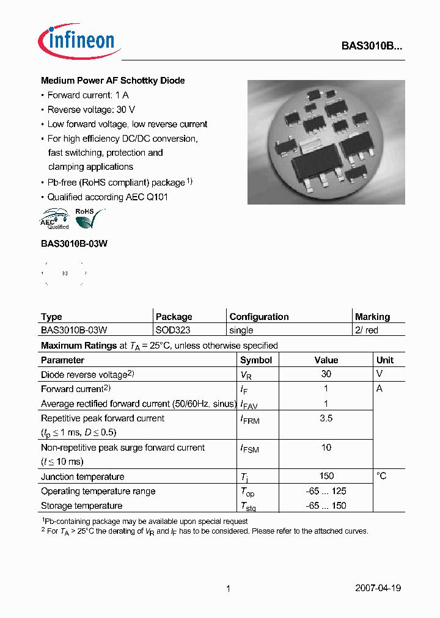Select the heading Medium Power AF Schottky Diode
(112, 81)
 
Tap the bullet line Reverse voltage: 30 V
(91, 109)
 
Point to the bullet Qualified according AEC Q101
(108, 197)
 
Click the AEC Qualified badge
(54, 219)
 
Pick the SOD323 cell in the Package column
(173, 330)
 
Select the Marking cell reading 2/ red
(367, 330)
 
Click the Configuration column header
(258, 316)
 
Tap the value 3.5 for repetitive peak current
(326, 418)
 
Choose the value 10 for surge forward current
(326, 448)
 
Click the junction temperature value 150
(326, 476)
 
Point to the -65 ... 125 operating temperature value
(326, 491)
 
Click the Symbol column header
(256, 360)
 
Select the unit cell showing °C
(381, 476)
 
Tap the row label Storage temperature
(81, 506)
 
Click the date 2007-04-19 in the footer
(378, 588)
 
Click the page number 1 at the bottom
(228, 588)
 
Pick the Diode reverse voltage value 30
(326, 374)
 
